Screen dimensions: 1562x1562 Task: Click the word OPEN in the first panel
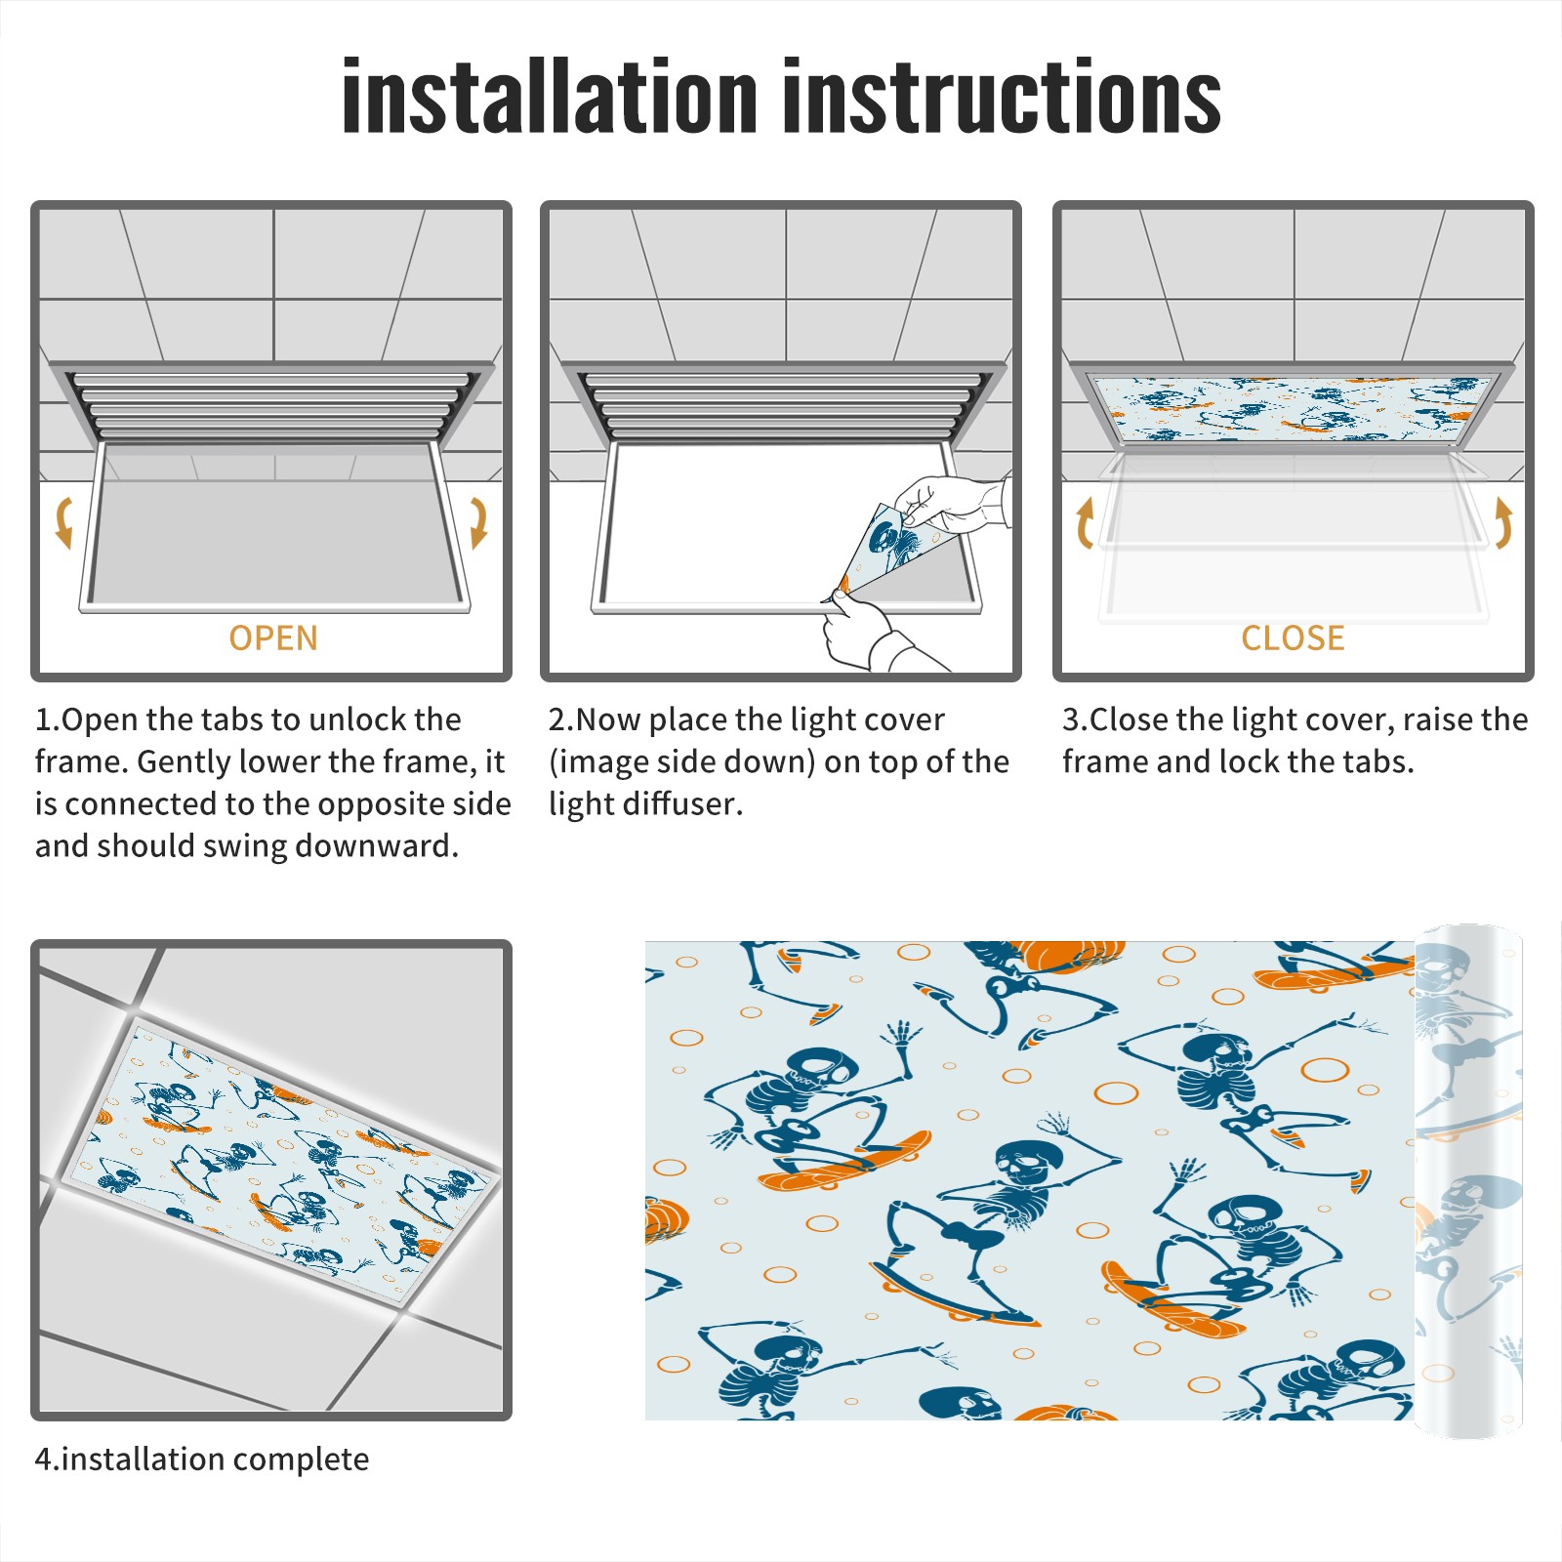click(273, 638)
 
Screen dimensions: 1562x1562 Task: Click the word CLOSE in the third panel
click(1293, 638)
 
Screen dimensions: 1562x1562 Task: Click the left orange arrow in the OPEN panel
click(63, 522)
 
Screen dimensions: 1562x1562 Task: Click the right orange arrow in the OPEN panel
click(478, 522)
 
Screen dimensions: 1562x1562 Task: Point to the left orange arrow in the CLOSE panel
click(1085, 522)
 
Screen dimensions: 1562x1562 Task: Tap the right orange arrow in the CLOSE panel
click(1503, 522)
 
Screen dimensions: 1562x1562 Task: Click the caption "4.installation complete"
click(202, 1459)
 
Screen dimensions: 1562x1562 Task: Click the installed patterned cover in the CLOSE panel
click(1293, 408)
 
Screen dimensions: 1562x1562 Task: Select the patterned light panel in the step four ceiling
click(278, 1162)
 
